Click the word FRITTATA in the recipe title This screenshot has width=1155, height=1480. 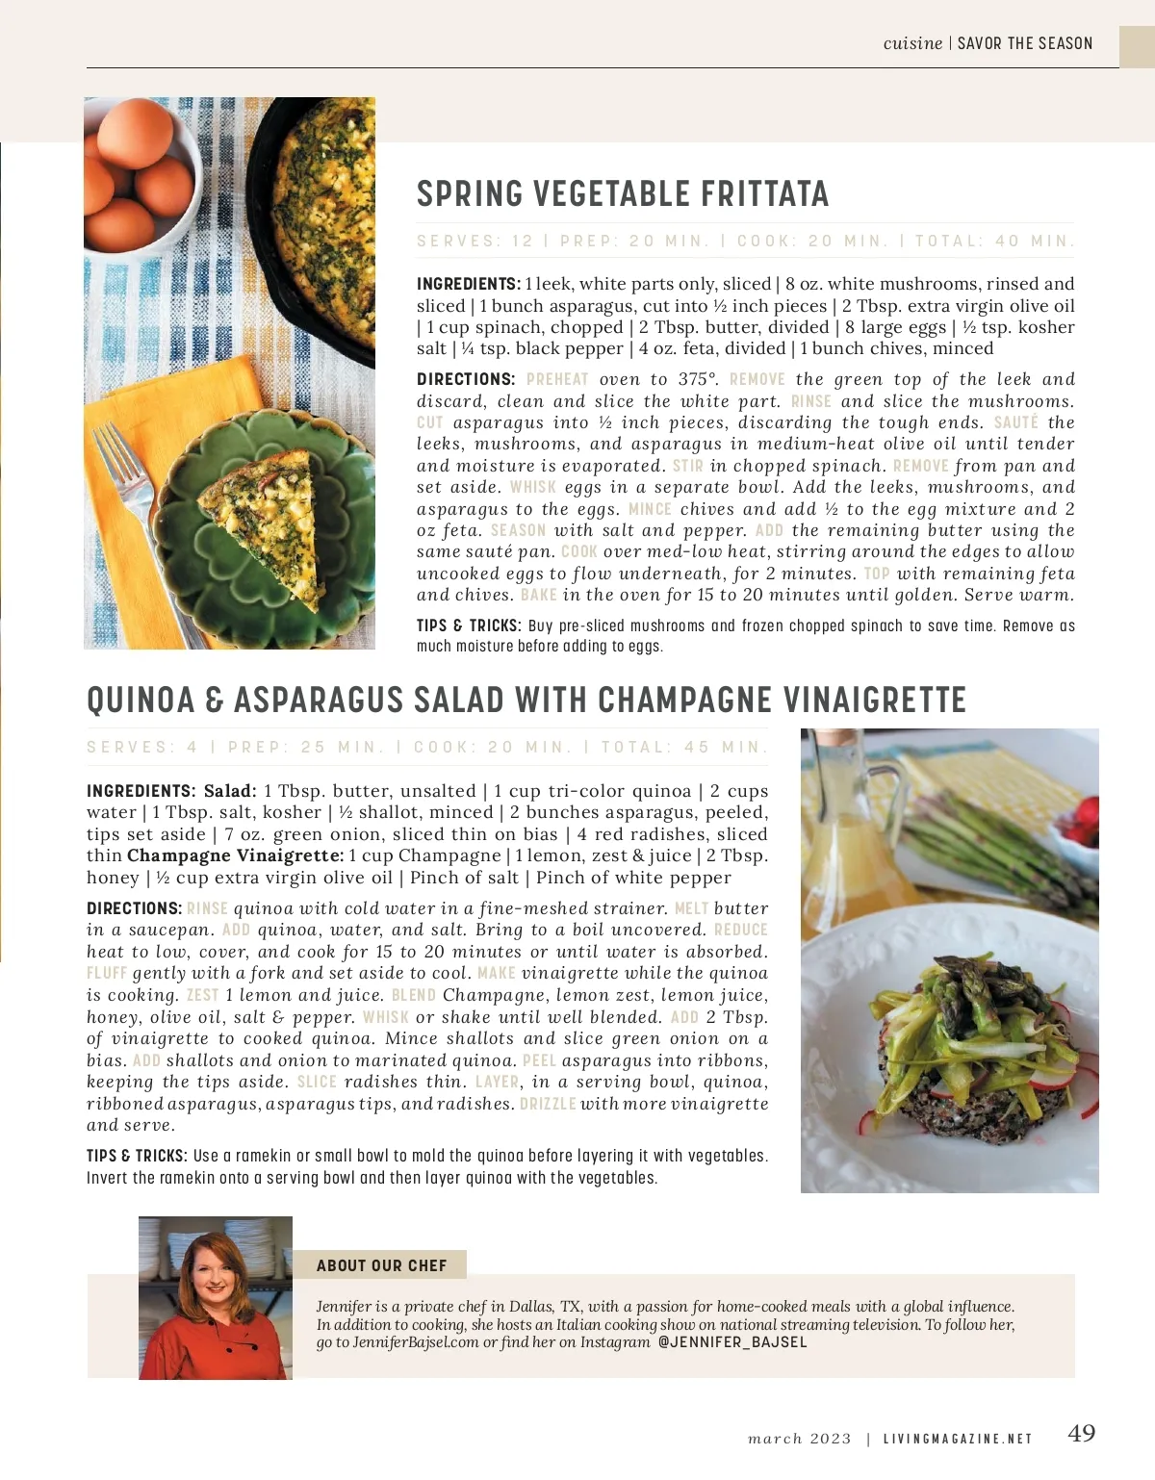tap(764, 194)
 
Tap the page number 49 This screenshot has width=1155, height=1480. tap(1082, 1434)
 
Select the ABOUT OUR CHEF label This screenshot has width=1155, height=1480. tap(382, 1265)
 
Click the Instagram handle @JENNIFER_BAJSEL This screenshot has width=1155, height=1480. tap(732, 1342)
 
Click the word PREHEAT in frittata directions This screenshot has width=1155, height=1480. tap(557, 380)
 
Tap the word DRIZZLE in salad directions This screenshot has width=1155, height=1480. tap(548, 1104)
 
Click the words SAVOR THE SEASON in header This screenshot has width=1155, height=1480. tap(1025, 43)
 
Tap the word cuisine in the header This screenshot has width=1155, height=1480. tap(912, 43)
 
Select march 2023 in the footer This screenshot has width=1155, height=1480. tap(800, 1440)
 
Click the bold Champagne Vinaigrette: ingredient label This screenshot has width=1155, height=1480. tap(235, 855)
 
